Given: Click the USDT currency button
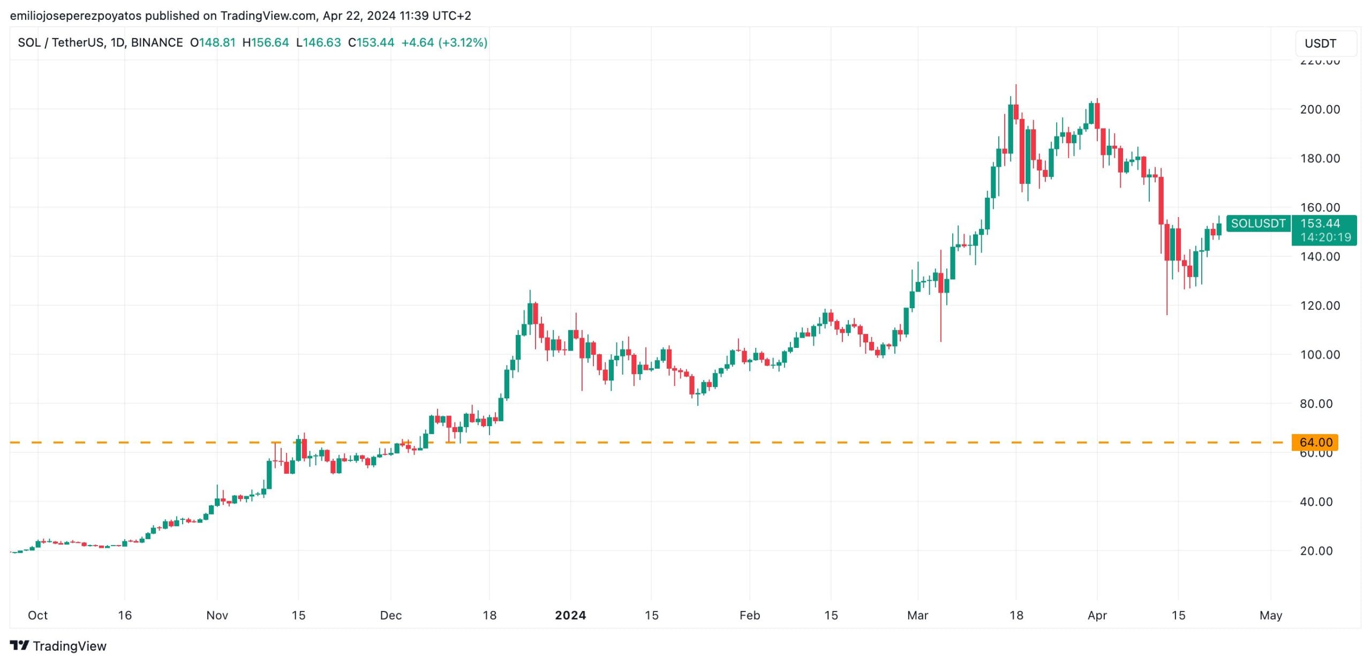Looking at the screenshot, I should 1325,43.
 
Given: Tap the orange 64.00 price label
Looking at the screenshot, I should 1315,442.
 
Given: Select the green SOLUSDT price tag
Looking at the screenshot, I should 1258,224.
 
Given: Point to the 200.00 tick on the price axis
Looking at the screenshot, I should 1320,109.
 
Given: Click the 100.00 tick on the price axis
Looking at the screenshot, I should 1320,354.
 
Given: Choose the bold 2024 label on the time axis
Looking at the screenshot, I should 570,615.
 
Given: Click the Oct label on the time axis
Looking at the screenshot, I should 37,615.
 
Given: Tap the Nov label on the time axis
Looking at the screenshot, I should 217,615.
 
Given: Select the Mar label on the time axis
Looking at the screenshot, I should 917,615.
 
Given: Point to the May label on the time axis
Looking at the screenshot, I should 1270,615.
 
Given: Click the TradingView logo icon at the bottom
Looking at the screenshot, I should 20,645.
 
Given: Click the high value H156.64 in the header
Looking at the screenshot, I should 266,42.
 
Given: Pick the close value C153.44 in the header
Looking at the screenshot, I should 371,42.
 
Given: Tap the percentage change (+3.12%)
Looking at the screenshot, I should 463,42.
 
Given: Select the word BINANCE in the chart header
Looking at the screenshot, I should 157,42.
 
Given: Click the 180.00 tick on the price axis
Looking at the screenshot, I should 1320,158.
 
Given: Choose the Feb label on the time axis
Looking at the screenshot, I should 749,615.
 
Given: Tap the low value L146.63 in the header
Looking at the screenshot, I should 319,42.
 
